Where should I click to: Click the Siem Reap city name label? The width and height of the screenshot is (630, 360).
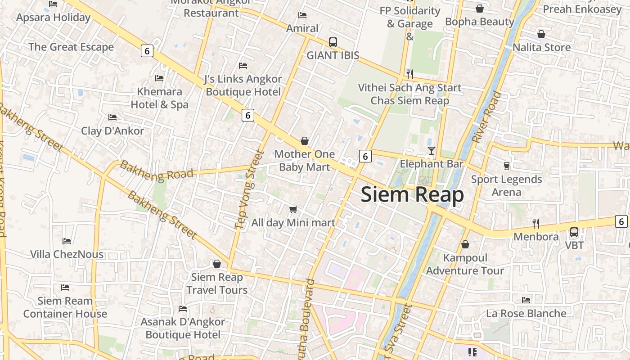(412, 195)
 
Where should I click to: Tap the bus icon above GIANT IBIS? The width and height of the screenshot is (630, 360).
(333, 42)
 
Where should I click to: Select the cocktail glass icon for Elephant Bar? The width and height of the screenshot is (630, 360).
(432, 150)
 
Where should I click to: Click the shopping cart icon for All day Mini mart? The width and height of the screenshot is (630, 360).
(293, 209)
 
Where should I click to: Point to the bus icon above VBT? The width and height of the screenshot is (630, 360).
(574, 232)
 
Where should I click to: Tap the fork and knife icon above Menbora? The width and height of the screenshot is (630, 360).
(535, 223)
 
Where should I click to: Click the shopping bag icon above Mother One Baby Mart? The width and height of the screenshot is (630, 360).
(305, 141)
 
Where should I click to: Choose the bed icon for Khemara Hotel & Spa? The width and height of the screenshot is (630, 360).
(159, 78)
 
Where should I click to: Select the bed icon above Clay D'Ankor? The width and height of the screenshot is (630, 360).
(112, 117)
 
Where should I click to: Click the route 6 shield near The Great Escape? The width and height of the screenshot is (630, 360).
(147, 51)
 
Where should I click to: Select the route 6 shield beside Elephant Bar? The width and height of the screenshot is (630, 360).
(365, 156)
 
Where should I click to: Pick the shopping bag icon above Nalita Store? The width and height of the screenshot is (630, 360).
(541, 34)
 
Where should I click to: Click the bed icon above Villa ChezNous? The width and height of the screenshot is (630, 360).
(67, 241)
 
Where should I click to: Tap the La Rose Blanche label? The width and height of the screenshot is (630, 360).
(526, 313)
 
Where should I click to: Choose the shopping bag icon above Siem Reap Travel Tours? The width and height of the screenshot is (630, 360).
(217, 264)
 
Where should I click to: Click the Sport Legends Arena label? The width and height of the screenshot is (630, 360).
(506, 185)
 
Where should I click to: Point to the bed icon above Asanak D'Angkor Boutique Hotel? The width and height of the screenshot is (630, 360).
(183, 309)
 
